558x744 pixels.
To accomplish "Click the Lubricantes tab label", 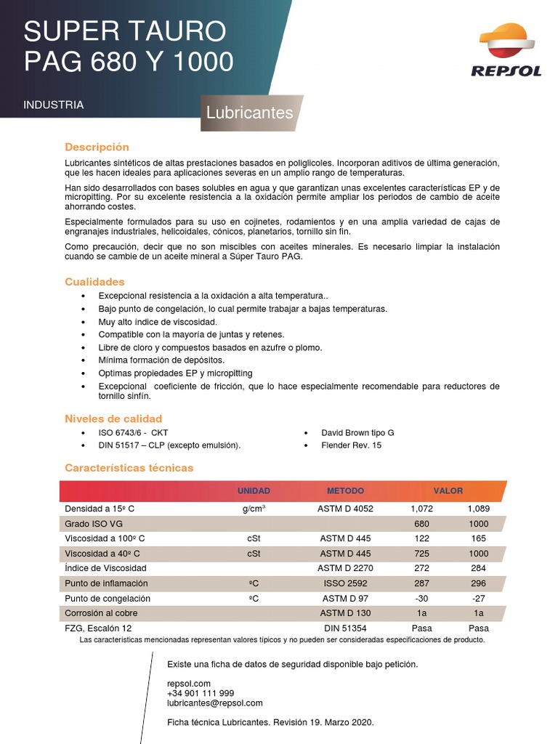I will pos(249,113).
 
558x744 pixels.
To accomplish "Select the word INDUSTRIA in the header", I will pos(53,105).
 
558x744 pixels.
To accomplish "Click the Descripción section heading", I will pos(97,147).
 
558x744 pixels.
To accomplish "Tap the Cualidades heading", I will pos(94,281).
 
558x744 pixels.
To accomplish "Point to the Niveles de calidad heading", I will pos(113,418).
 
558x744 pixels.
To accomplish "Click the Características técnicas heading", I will pos(129,468).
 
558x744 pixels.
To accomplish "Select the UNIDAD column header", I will pos(254,491).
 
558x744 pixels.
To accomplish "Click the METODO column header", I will pos(345,491).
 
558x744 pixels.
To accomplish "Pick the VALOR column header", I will pos(448,491).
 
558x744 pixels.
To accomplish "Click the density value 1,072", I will pos(421,509).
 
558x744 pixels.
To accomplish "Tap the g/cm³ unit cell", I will pos(254,509).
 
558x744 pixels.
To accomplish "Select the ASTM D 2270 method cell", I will pos(346,568).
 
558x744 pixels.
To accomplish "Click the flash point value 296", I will pos(478,583).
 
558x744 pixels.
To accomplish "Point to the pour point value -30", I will pos(421,598).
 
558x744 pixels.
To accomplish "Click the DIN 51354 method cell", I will pos(346,628).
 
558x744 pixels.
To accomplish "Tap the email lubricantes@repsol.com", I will pos(214,703).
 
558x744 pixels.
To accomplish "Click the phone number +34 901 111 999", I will pos(200,693).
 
